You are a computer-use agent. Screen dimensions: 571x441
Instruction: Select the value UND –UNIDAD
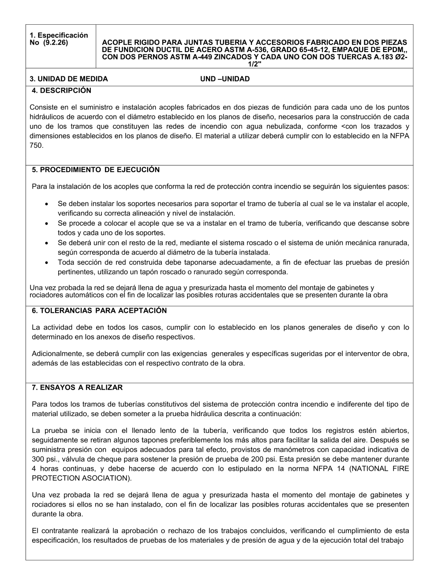point(225,79)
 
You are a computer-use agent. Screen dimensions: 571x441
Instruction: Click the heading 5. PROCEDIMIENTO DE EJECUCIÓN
point(96,169)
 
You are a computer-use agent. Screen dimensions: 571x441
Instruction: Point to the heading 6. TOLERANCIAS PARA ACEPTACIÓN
point(99,311)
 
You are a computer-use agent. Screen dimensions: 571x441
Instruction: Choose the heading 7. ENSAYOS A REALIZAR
point(77,387)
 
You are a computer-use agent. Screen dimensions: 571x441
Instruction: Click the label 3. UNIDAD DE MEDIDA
point(69,79)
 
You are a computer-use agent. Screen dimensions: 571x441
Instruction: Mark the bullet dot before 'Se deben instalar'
point(47,204)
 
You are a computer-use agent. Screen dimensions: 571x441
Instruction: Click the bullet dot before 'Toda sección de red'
point(47,263)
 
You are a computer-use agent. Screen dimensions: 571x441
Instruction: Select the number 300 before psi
point(37,459)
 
